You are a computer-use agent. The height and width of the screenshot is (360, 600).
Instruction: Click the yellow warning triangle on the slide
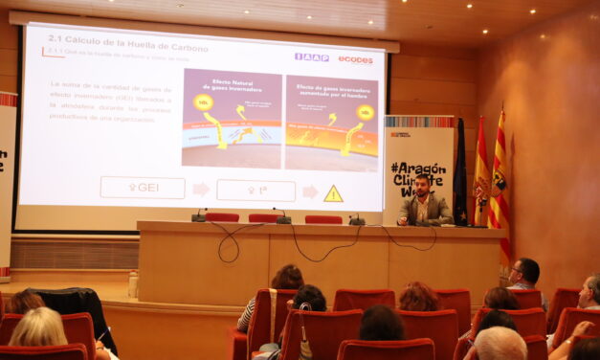pyautogui.click(x=333, y=193)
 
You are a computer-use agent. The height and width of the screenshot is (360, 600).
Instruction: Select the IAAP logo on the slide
pyautogui.click(x=312, y=57)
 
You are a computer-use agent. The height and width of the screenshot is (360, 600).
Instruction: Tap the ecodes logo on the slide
pyautogui.click(x=355, y=59)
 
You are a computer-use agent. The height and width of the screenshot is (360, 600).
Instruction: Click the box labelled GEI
pyautogui.click(x=143, y=188)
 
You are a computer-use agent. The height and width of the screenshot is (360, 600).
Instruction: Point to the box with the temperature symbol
pyautogui.click(x=256, y=191)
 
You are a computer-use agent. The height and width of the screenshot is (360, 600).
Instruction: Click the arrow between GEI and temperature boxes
pyautogui.click(x=201, y=190)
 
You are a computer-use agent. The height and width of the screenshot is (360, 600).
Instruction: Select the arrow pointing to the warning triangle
pyautogui.click(x=310, y=191)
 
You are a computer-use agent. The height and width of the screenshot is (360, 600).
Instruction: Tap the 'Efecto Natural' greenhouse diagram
pyautogui.click(x=232, y=118)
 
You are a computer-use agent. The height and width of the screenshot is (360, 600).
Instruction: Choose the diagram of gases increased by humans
pyautogui.click(x=331, y=123)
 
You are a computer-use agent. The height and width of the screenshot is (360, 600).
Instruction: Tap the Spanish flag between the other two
pyautogui.click(x=481, y=177)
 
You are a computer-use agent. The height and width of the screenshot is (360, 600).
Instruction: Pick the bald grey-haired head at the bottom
pyautogui.click(x=500, y=343)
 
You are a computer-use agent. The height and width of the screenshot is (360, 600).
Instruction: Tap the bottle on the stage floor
pyautogui.click(x=133, y=283)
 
